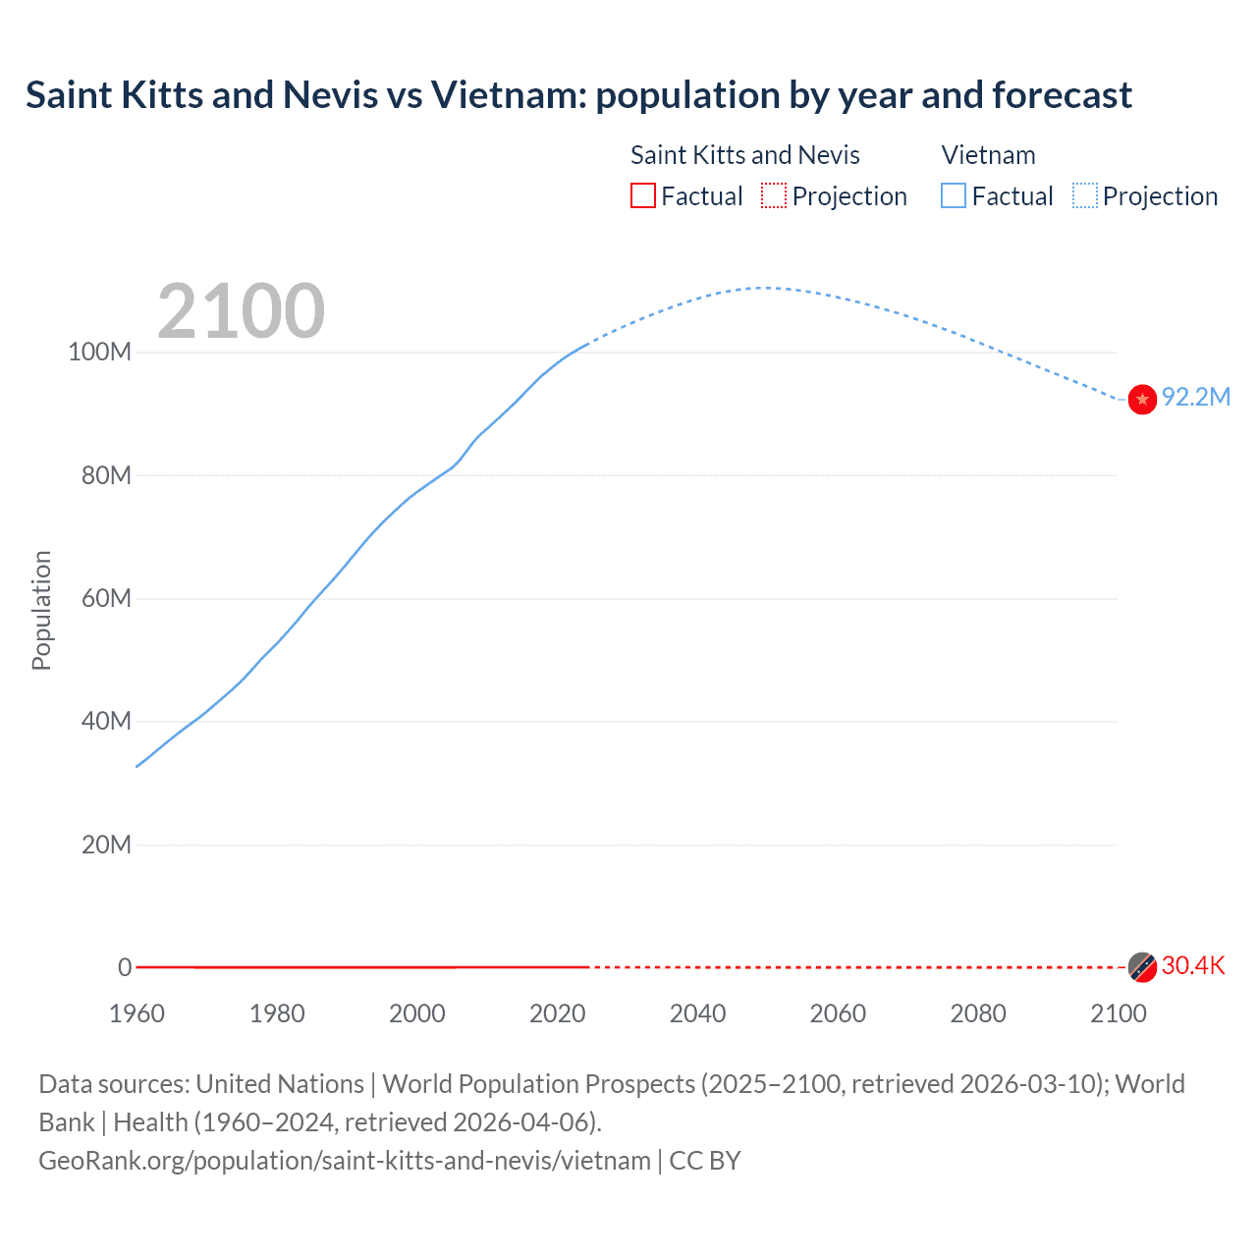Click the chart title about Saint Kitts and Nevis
tap(578, 95)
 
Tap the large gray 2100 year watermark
tap(241, 311)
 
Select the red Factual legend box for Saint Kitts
tap(642, 195)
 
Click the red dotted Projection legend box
tap(774, 195)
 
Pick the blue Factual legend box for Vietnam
tap(953, 195)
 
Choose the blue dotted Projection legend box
tap(1084, 195)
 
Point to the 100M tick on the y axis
tap(99, 352)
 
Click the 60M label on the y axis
tap(105, 598)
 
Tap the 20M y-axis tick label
tap(105, 845)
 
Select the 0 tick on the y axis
tap(125, 967)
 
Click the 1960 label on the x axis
tap(137, 1013)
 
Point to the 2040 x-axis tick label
tap(697, 1013)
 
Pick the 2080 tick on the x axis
tap(978, 1013)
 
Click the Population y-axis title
tap(41, 610)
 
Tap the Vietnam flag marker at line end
tap(1142, 400)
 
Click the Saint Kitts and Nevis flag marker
tap(1142, 967)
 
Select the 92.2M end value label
tap(1195, 397)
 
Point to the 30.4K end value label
tap(1193, 965)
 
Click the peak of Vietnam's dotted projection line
tap(763, 288)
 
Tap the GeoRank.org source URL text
tap(345, 1161)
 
